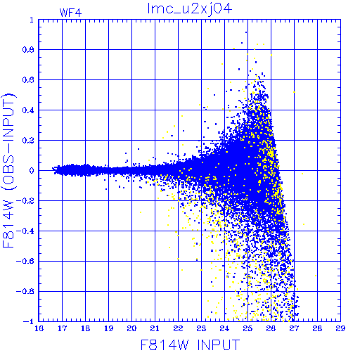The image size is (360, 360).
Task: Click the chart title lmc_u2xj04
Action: tap(190, 9)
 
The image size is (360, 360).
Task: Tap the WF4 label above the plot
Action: tap(70, 13)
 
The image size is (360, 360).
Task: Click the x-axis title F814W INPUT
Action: tap(190, 345)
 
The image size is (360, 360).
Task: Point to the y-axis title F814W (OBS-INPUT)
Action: tap(8, 170)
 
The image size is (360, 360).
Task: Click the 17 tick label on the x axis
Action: tap(62, 328)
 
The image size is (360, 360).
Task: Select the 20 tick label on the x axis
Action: tap(131, 328)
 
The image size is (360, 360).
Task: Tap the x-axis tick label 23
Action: tap(201, 328)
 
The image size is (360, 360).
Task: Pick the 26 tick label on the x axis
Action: tap(271, 328)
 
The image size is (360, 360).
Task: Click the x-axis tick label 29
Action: tap(340, 328)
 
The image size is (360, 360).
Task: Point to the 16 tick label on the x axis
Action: tap(39, 328)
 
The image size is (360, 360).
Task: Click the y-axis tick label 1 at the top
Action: tap(32, 20)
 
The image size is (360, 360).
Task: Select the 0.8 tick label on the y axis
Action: tap(28, 50)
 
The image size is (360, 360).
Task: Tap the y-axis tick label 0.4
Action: tap(28, 110)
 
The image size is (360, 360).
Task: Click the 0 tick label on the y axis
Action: tap(32, 170)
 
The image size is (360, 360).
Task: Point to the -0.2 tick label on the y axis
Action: tap(25, 201)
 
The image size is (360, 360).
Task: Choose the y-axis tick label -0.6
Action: tap(25, 261)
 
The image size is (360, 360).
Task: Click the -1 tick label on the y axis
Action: tap(29, 321)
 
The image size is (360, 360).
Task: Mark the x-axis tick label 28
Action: tap(317, 328)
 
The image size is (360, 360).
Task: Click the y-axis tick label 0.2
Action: tap(28, 141)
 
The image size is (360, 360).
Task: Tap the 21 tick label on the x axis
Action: tap(155, 328)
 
